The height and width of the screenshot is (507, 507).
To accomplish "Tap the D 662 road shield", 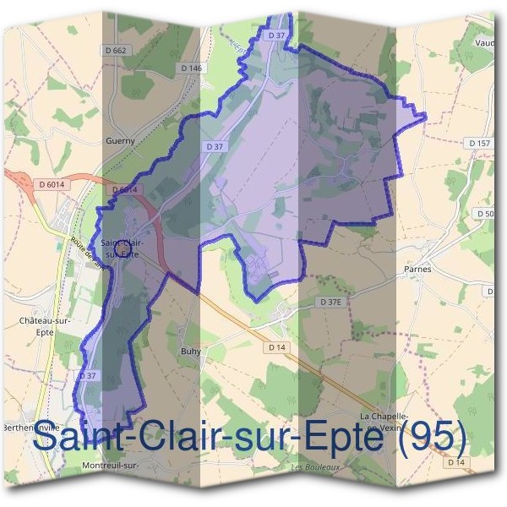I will tap(117, 51).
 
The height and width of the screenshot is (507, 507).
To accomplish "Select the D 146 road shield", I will tap(192, 68).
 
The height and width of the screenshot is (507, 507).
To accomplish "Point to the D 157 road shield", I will tap(480, 144).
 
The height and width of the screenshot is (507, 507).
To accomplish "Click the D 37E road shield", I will tap(332, 302).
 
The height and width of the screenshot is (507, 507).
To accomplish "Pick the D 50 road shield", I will tap(487, 215).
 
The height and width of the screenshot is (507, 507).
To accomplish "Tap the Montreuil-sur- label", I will tap(110, 466).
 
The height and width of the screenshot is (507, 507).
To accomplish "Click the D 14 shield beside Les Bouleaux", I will tap(456, 462).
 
